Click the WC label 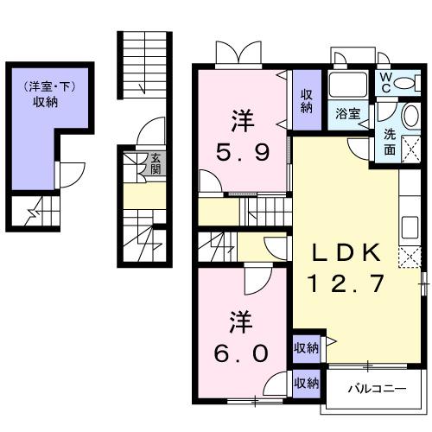point(386,82)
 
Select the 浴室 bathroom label point(348,114)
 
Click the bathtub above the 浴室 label point(348,85)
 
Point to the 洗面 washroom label point(390,142)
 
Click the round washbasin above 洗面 point(411,116)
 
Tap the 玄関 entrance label point(156,163)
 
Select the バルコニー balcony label point(378,390)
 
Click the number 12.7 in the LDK point(346,283)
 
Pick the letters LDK point(346,252)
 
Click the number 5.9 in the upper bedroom point(243,152)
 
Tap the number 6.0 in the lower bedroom point(241,353)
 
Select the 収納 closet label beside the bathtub point(307,101)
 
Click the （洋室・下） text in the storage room point(49,87)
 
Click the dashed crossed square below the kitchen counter point(410,257)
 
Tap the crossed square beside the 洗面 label point(410,148)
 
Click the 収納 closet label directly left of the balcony point(307,383)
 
